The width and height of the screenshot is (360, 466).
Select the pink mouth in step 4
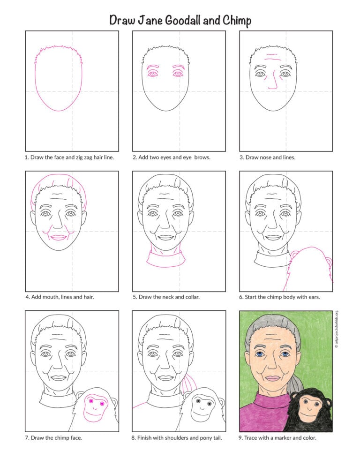tap(59, 238)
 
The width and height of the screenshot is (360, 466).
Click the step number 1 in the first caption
tap(26, 158)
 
